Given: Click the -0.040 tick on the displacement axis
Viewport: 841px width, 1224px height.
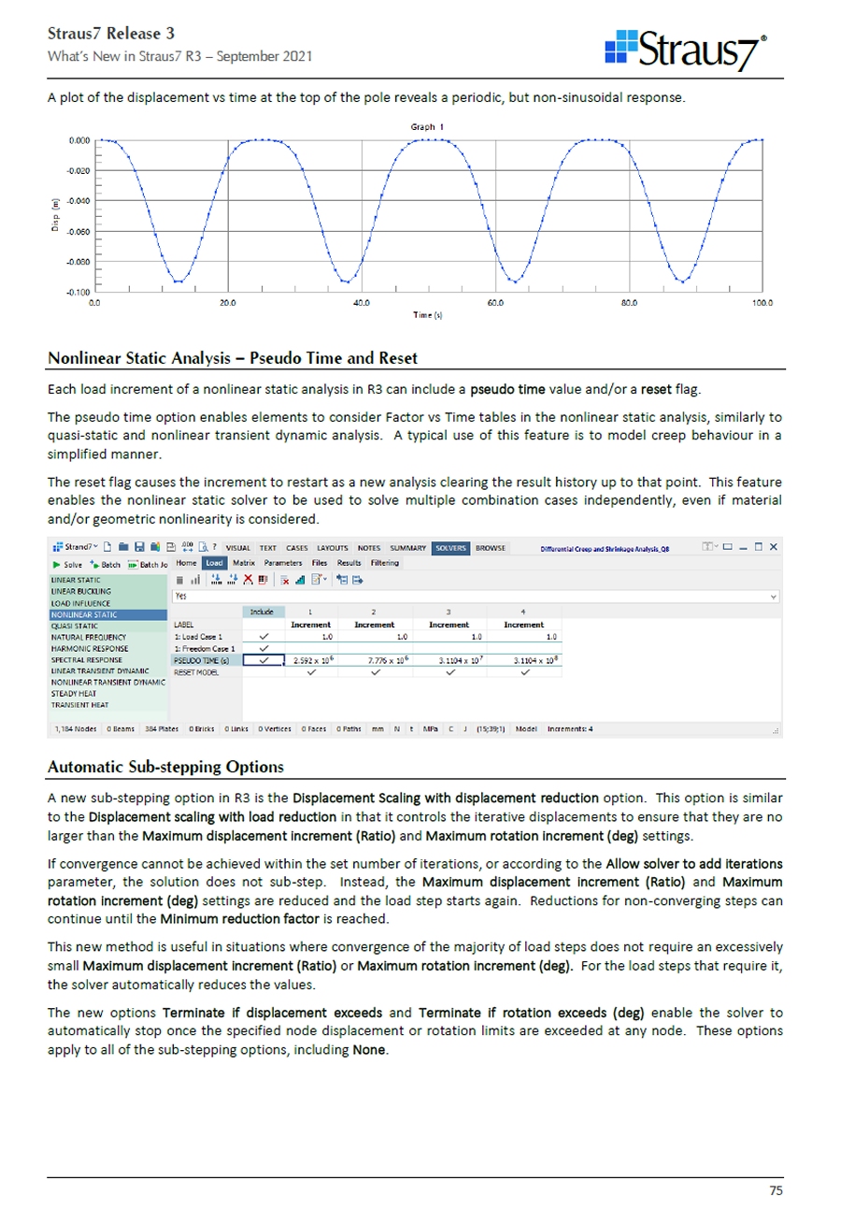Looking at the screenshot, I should pos(78,201).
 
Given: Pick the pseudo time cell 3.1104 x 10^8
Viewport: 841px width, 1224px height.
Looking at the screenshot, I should pos(524,660).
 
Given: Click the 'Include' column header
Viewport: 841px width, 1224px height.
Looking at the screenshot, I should pos(262,611).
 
